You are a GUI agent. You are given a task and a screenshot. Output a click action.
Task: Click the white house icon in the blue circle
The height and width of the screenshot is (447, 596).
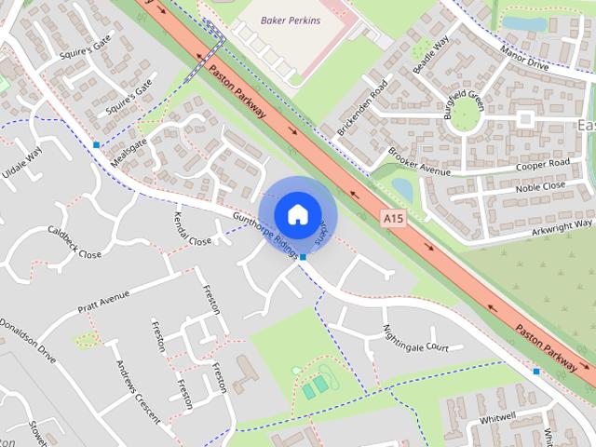297,214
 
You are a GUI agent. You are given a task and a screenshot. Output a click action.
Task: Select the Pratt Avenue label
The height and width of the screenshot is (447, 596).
103,304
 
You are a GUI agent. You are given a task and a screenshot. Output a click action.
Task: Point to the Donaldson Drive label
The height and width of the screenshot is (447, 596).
27,338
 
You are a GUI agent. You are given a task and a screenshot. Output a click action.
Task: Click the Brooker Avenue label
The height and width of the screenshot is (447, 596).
419,159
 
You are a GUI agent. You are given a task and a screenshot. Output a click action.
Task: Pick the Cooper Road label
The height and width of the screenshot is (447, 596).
542,165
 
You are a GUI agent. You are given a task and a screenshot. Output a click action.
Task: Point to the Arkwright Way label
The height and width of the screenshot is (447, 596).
556,223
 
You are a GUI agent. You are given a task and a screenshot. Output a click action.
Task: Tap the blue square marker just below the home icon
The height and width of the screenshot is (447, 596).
304,255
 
